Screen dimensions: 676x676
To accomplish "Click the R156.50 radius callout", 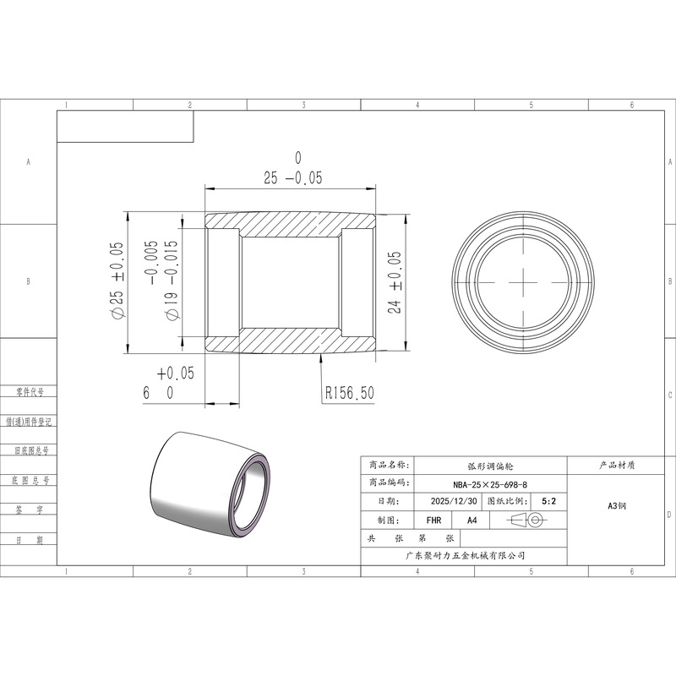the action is point(349,393).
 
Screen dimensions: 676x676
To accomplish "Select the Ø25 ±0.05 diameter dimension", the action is point(117,281).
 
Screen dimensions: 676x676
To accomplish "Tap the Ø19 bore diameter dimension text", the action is point(165,281).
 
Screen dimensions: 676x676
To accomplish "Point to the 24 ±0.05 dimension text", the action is point(395,282).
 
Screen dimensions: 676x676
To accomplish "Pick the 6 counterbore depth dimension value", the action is point(146,393).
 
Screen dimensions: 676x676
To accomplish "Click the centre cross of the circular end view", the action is point(523,282).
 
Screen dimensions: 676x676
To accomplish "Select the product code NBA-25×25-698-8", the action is point(490,484).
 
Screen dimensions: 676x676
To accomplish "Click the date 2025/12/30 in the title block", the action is point(454,501).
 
